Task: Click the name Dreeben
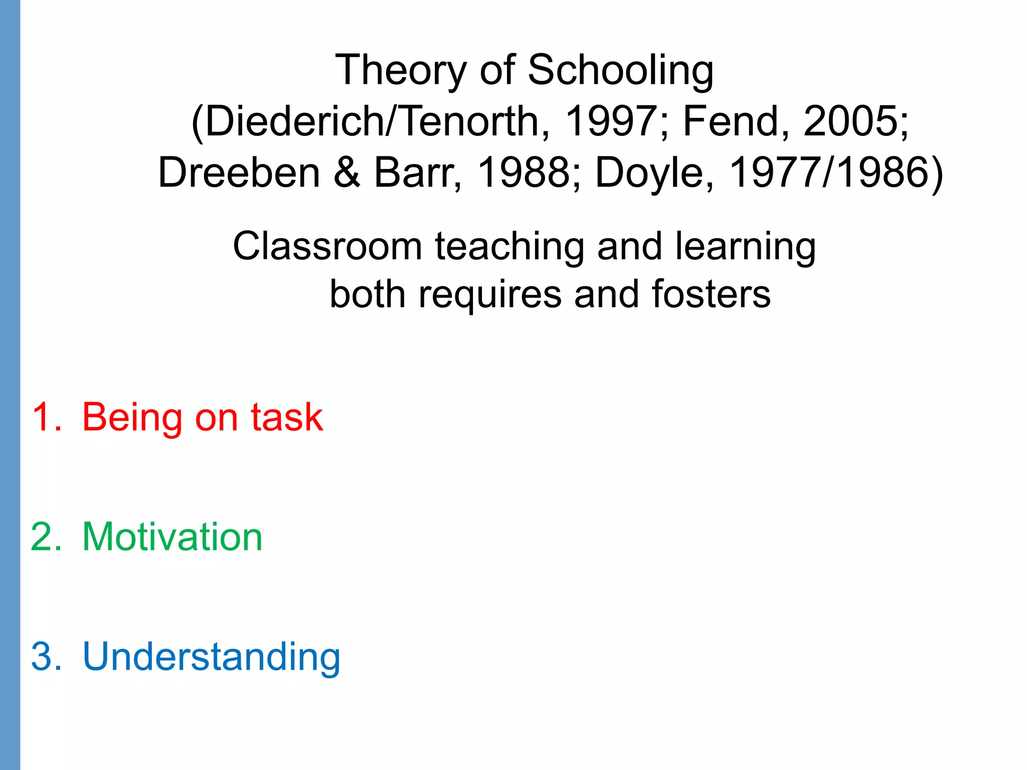tap(239, 173)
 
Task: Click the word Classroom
tap(327, 246)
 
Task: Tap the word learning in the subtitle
tap(745, 247)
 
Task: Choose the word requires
tap(490, 295)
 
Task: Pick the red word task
tap(287, 417)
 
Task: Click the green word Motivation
tap(172, 537)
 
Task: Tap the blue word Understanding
tap(211, 657)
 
